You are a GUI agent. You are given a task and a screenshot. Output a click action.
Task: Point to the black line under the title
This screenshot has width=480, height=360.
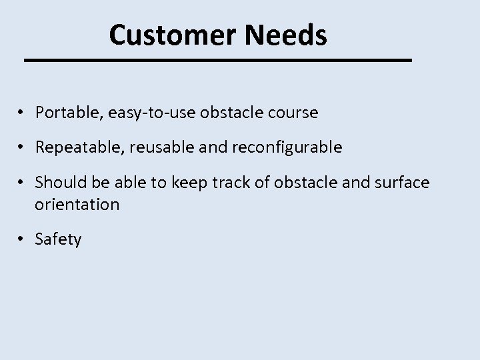tap(218, 61)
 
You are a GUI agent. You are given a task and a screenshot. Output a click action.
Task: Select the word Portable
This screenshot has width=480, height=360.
tap(65, 113)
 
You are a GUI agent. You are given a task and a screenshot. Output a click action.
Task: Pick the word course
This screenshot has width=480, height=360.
tap(293, 113)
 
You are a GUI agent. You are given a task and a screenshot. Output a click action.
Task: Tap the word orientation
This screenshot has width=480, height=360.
tap(77, 204)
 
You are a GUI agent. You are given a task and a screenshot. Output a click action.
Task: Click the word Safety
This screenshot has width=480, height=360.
tap(59, 239)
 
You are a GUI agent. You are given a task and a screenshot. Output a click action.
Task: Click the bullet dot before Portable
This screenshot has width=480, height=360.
tap(22, 113)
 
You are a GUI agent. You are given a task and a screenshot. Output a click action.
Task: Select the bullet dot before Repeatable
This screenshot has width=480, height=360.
tap(22, 147)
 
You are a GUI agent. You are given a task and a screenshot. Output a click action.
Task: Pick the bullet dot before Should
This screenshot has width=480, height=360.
tap(22, 181)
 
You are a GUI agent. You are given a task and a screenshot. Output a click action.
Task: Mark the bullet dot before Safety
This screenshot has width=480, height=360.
tap(22, 239)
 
